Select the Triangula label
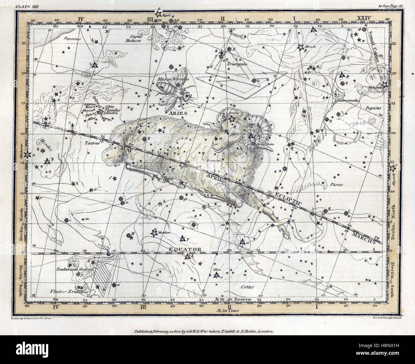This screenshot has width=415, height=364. point(237,63)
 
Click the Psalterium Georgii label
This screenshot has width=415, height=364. point(78,270)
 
